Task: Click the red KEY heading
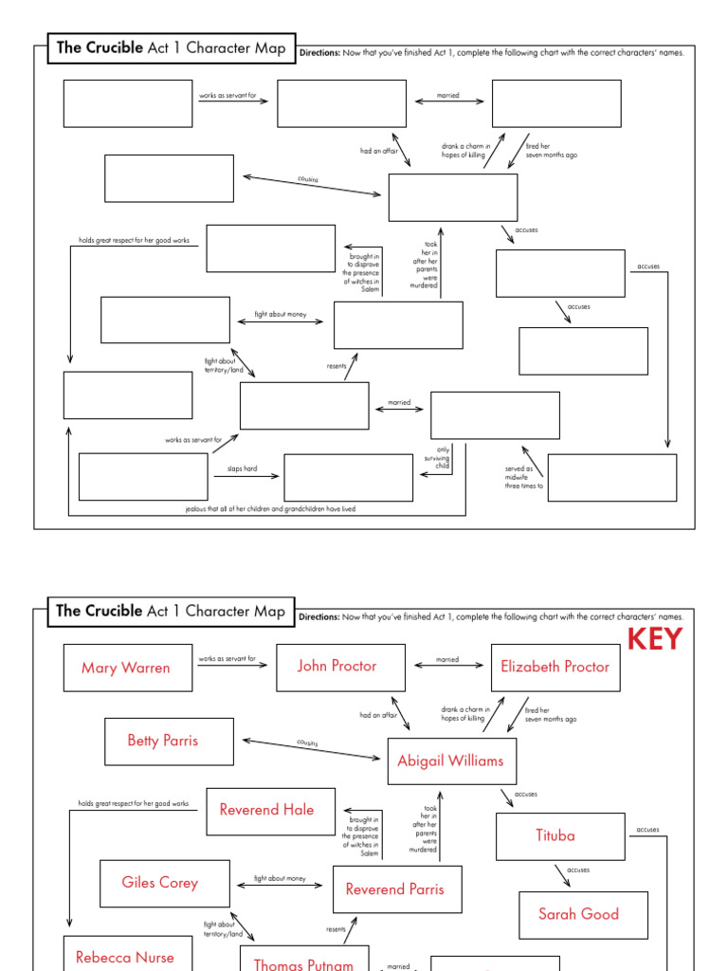click(654, 639)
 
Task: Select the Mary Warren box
click(126, 668)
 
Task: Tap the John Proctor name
click(337, 666)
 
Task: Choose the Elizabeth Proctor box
click(555, 666)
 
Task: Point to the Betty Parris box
click(163, 741)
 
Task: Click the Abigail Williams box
click(450, 760)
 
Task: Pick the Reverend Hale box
click(266, 810)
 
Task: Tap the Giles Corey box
click(160, 883)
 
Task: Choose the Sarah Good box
click(578, 914)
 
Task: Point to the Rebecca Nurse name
click(125, 957)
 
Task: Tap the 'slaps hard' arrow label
click(242, 468)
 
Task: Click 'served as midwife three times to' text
click(524, 477)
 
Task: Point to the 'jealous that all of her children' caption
click(270, 509)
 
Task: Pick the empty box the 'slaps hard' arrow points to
click(348, 477)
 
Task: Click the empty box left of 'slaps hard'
click(143, 477)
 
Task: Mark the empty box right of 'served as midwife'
click(611, 477)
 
